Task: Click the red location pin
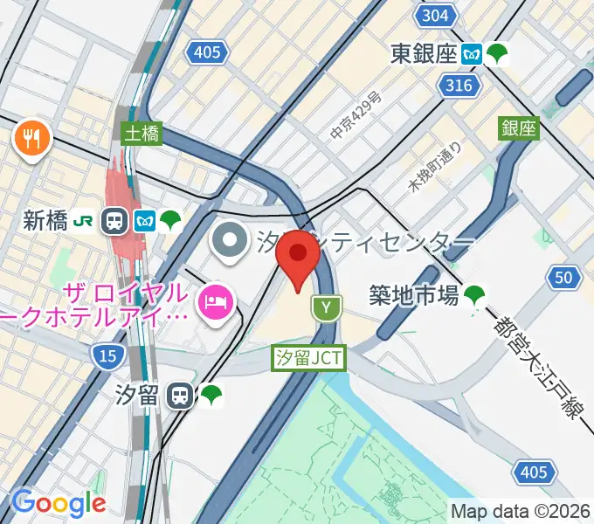point(298,256)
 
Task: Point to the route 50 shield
point(566,279)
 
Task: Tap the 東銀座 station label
point(424,54)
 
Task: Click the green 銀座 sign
point(518,128)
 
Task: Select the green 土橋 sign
point(141,132)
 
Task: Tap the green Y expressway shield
point(327,307)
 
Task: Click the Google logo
point(59,503)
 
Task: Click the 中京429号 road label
point(356,117)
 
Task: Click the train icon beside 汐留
point(180,396)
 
